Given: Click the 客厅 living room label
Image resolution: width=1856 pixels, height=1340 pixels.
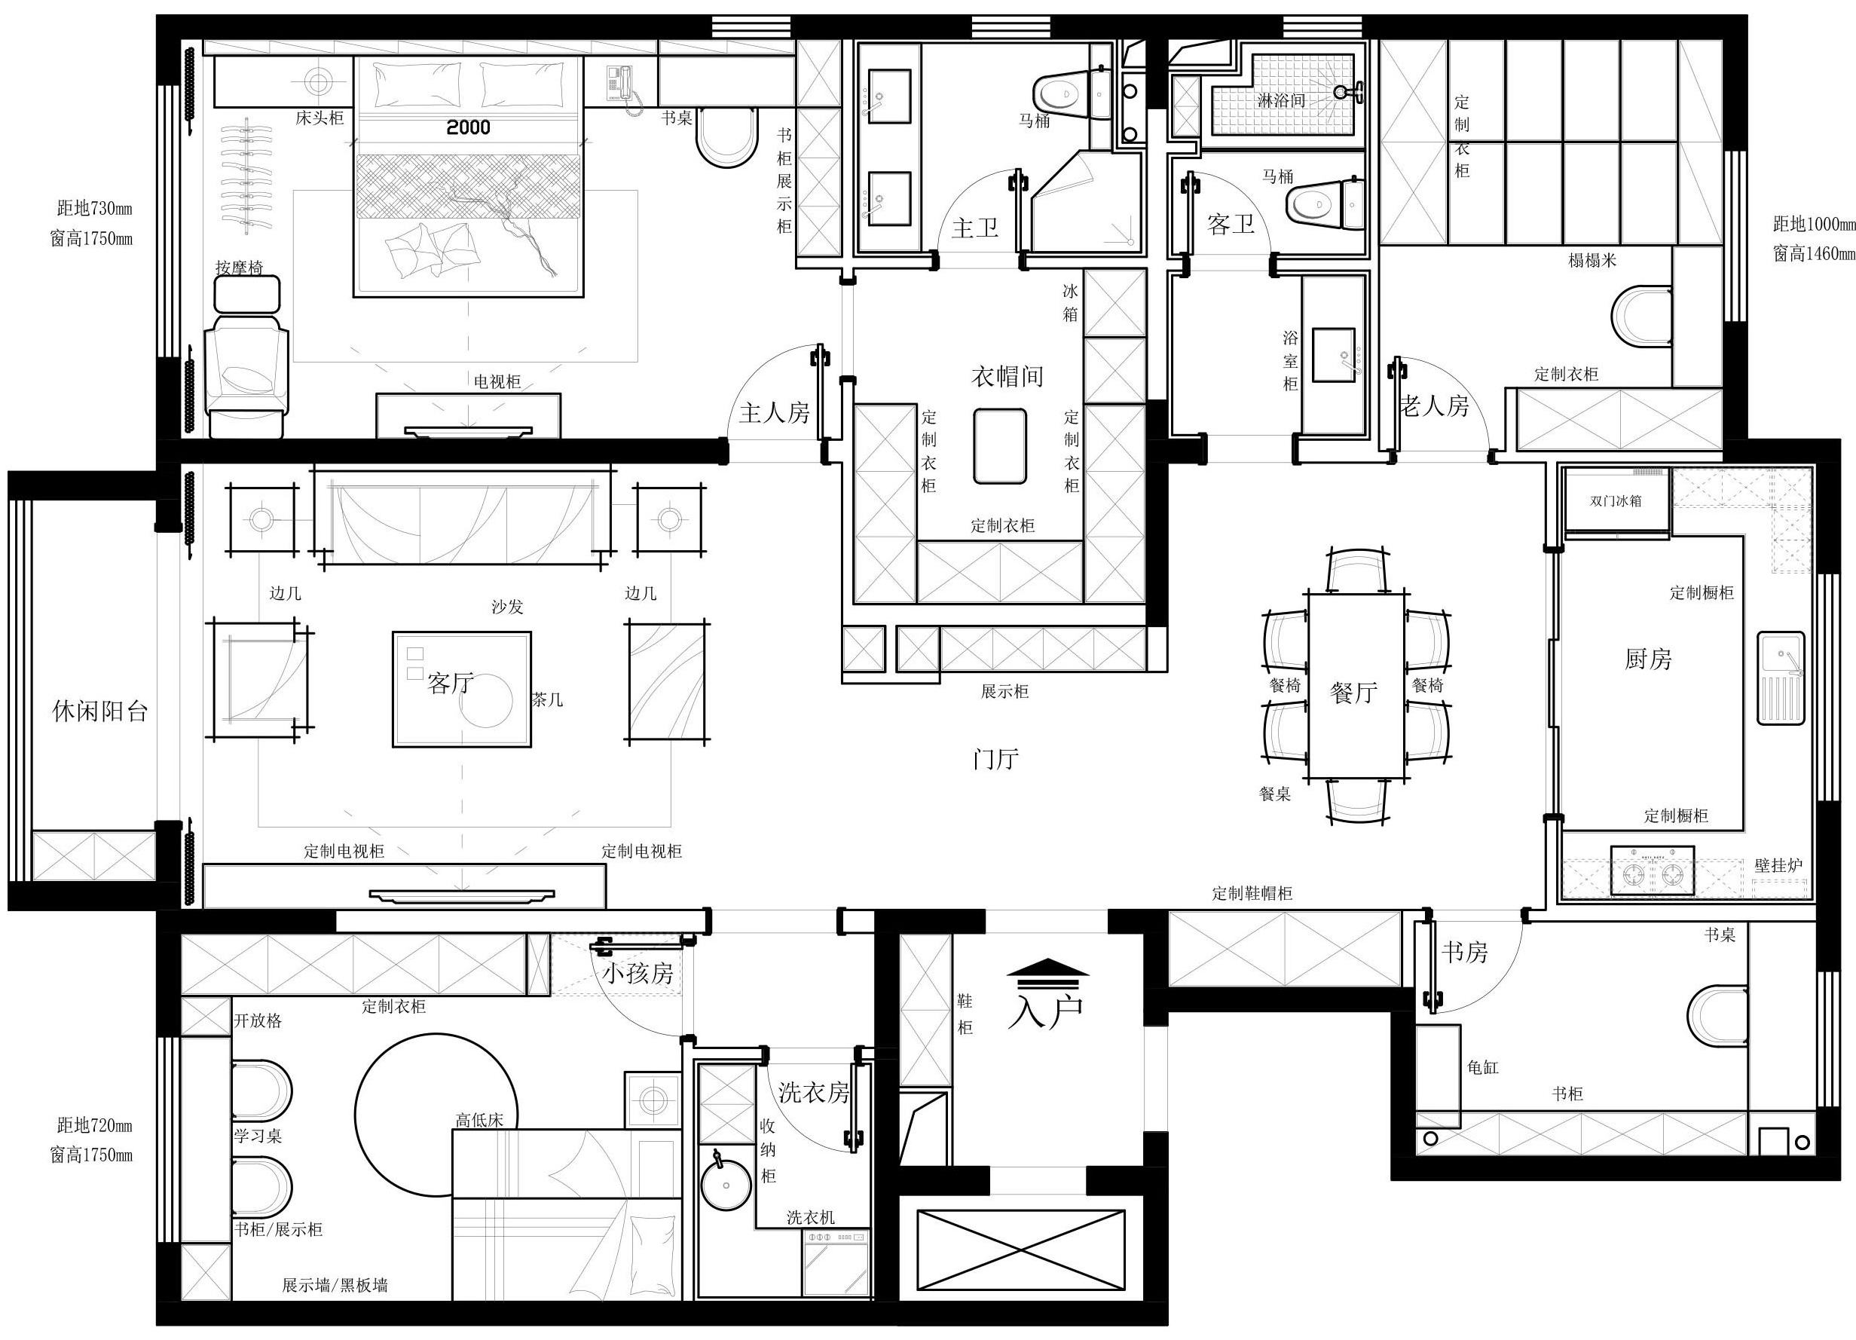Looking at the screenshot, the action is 450,683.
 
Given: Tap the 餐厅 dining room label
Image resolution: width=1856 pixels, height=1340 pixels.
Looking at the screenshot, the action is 1354,693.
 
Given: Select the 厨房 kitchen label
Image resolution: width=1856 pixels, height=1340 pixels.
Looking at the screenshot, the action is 1648,659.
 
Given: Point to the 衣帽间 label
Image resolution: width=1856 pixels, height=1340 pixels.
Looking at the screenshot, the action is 1007,376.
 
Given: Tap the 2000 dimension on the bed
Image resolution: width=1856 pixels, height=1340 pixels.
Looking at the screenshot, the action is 469,127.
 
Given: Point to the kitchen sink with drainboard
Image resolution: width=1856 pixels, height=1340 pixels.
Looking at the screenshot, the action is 1781,678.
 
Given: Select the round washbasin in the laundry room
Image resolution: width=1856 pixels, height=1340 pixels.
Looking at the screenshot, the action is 726,1185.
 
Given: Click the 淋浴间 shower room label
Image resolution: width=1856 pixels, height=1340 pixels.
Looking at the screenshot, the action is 1281,100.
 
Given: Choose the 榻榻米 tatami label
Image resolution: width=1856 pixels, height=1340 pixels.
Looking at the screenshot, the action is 1592,260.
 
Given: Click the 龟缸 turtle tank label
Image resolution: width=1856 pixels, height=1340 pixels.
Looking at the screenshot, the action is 1483,1067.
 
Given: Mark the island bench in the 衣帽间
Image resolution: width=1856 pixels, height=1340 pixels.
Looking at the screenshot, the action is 1000,446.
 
